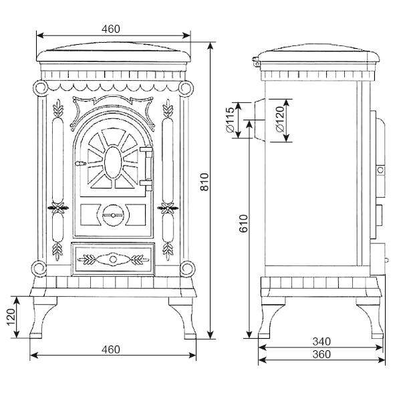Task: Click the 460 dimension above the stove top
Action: (x=111, y=29)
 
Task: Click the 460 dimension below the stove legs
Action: (x=111, y=350)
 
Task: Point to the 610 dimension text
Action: (x=244, y=223)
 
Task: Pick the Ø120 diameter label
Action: (x=280, y=120)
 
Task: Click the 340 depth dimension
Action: (x=321, y=342)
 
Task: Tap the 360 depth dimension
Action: (x=321, y=354)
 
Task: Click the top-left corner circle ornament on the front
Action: (x=41, y=88)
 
